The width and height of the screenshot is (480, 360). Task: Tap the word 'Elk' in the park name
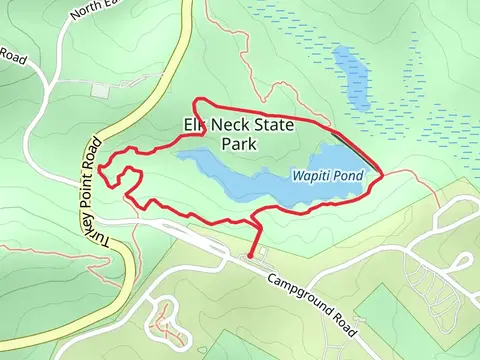point(195,125)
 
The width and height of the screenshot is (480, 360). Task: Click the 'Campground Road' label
point(312,297)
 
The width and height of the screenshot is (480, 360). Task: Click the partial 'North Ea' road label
point(94,11)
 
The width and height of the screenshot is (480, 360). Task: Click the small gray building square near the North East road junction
point(99,90)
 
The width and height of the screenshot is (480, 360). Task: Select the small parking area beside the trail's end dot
point(261,259)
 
